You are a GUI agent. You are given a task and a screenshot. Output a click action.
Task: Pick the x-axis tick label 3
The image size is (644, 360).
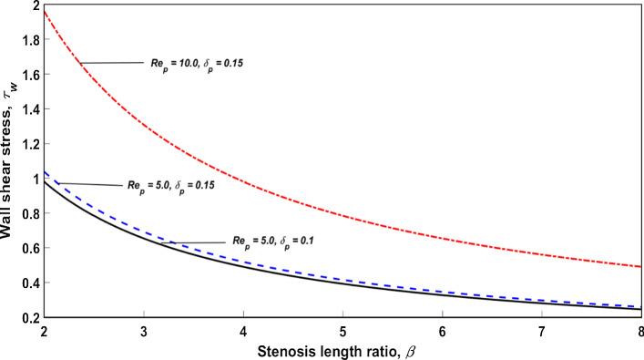144,329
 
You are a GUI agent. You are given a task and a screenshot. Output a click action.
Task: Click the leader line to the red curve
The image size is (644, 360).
113,63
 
